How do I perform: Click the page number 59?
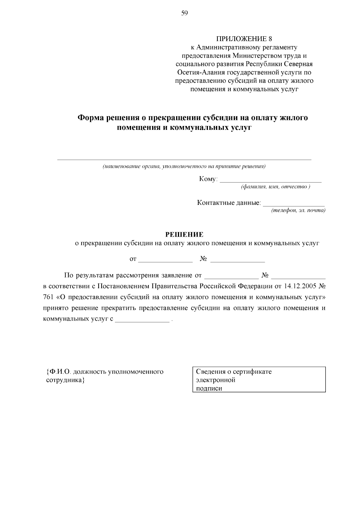coord(184,13)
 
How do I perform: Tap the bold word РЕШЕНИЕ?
coord(184,234)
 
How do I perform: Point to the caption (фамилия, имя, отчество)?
coord(275,187)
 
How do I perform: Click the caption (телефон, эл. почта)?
coord(298,211)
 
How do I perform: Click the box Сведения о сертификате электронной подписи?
coord(259,379)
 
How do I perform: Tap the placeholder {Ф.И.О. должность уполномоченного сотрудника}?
coord(105,376)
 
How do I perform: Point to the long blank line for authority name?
coord(184,159)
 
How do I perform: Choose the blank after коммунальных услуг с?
coord(142,321)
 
